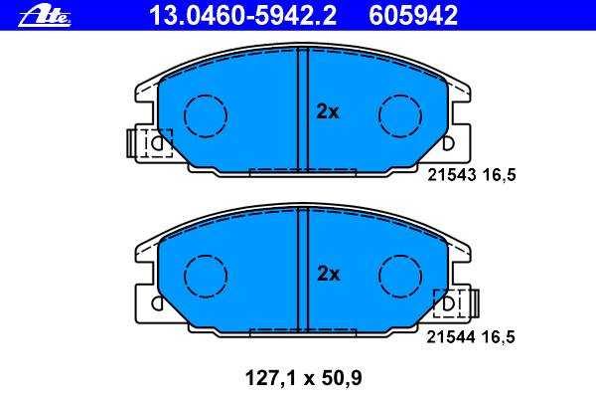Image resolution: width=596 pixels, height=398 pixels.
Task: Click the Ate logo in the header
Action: click(x=45, y=16)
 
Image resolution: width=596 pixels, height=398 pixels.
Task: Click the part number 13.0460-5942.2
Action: click(x=242, y=16)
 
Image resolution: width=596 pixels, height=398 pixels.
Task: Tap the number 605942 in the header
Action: click(x=413, y=16)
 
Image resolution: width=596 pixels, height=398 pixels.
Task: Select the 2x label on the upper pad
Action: click(x=327, y=112)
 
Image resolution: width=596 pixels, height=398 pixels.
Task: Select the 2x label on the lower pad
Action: click(x=329, y=274)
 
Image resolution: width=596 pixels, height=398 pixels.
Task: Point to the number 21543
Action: click(x=452, y=175)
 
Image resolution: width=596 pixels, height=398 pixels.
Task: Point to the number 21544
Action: click(x=451, y=337)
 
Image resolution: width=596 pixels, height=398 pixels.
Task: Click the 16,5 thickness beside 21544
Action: click(x=499, y=337)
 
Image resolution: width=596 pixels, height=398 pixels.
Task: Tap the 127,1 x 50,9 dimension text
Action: click(x=304, y=378)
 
